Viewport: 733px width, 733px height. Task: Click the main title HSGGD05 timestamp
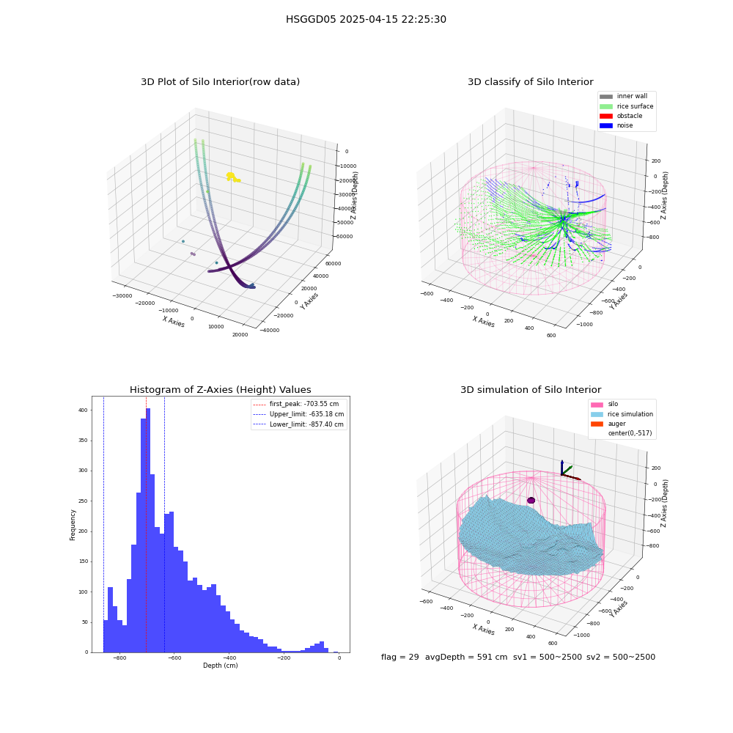366,19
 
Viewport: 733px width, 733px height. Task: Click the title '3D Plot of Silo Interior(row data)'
220,82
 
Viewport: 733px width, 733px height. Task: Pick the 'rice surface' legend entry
627,106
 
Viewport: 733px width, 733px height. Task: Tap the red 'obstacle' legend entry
621,116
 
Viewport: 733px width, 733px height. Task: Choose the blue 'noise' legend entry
616,125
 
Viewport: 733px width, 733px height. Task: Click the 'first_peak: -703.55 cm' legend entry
295,404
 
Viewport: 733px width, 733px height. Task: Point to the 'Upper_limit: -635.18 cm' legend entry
298,414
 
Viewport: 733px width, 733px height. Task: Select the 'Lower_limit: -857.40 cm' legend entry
298,424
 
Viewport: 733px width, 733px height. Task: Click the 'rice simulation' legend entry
622,414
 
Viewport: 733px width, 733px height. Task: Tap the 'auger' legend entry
608,424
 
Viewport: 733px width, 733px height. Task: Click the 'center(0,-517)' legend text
630,433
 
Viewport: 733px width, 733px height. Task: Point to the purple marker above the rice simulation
531,500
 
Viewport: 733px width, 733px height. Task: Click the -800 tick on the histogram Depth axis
119,658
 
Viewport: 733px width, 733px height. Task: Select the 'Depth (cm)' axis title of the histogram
221,666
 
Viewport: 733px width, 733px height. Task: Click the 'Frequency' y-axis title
73,525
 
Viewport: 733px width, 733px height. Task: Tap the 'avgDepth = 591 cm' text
466,657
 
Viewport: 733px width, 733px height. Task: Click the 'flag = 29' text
400,657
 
